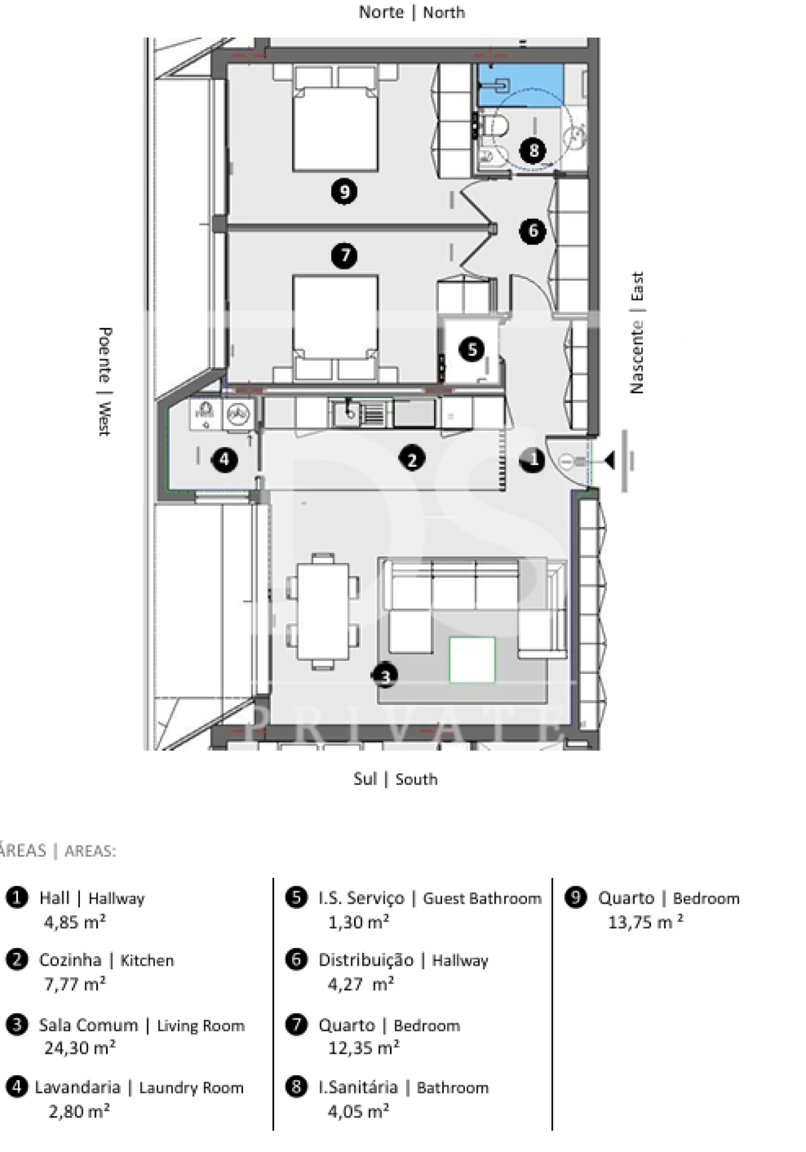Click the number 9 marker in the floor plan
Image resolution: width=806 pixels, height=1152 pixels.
click(x=344, y=191)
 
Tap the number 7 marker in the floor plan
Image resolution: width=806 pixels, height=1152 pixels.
click(x=344, y=256)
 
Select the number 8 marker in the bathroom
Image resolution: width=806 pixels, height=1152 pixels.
click(x=533, y=150)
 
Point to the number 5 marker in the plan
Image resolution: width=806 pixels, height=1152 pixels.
click(x=472, y=348)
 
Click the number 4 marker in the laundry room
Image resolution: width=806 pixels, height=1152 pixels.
click(x=225, y=459)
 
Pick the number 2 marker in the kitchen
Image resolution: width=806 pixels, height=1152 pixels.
click(x=412, y=459)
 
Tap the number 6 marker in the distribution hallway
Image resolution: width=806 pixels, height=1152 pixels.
click(x=533, y=231)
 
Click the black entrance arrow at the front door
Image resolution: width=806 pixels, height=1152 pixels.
click(x=609, y=460)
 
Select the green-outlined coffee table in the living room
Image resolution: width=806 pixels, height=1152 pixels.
click(x=472, y=659)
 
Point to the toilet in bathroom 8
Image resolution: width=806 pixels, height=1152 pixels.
click(x=498, y=125)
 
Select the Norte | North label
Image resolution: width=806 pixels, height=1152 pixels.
click(x=412, y=12)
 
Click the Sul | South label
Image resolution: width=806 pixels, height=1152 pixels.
click(x=395, y=779)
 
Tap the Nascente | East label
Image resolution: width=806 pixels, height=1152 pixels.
click(x=637, y=333)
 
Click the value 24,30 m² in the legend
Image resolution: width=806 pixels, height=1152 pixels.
click(x=79, y=1047)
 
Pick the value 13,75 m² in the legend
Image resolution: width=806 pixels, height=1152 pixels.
click(x=645, y=922)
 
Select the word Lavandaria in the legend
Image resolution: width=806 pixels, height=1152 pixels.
click(x=77, y=1087)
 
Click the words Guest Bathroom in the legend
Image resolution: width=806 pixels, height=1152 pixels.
click(x=482, y=898)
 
